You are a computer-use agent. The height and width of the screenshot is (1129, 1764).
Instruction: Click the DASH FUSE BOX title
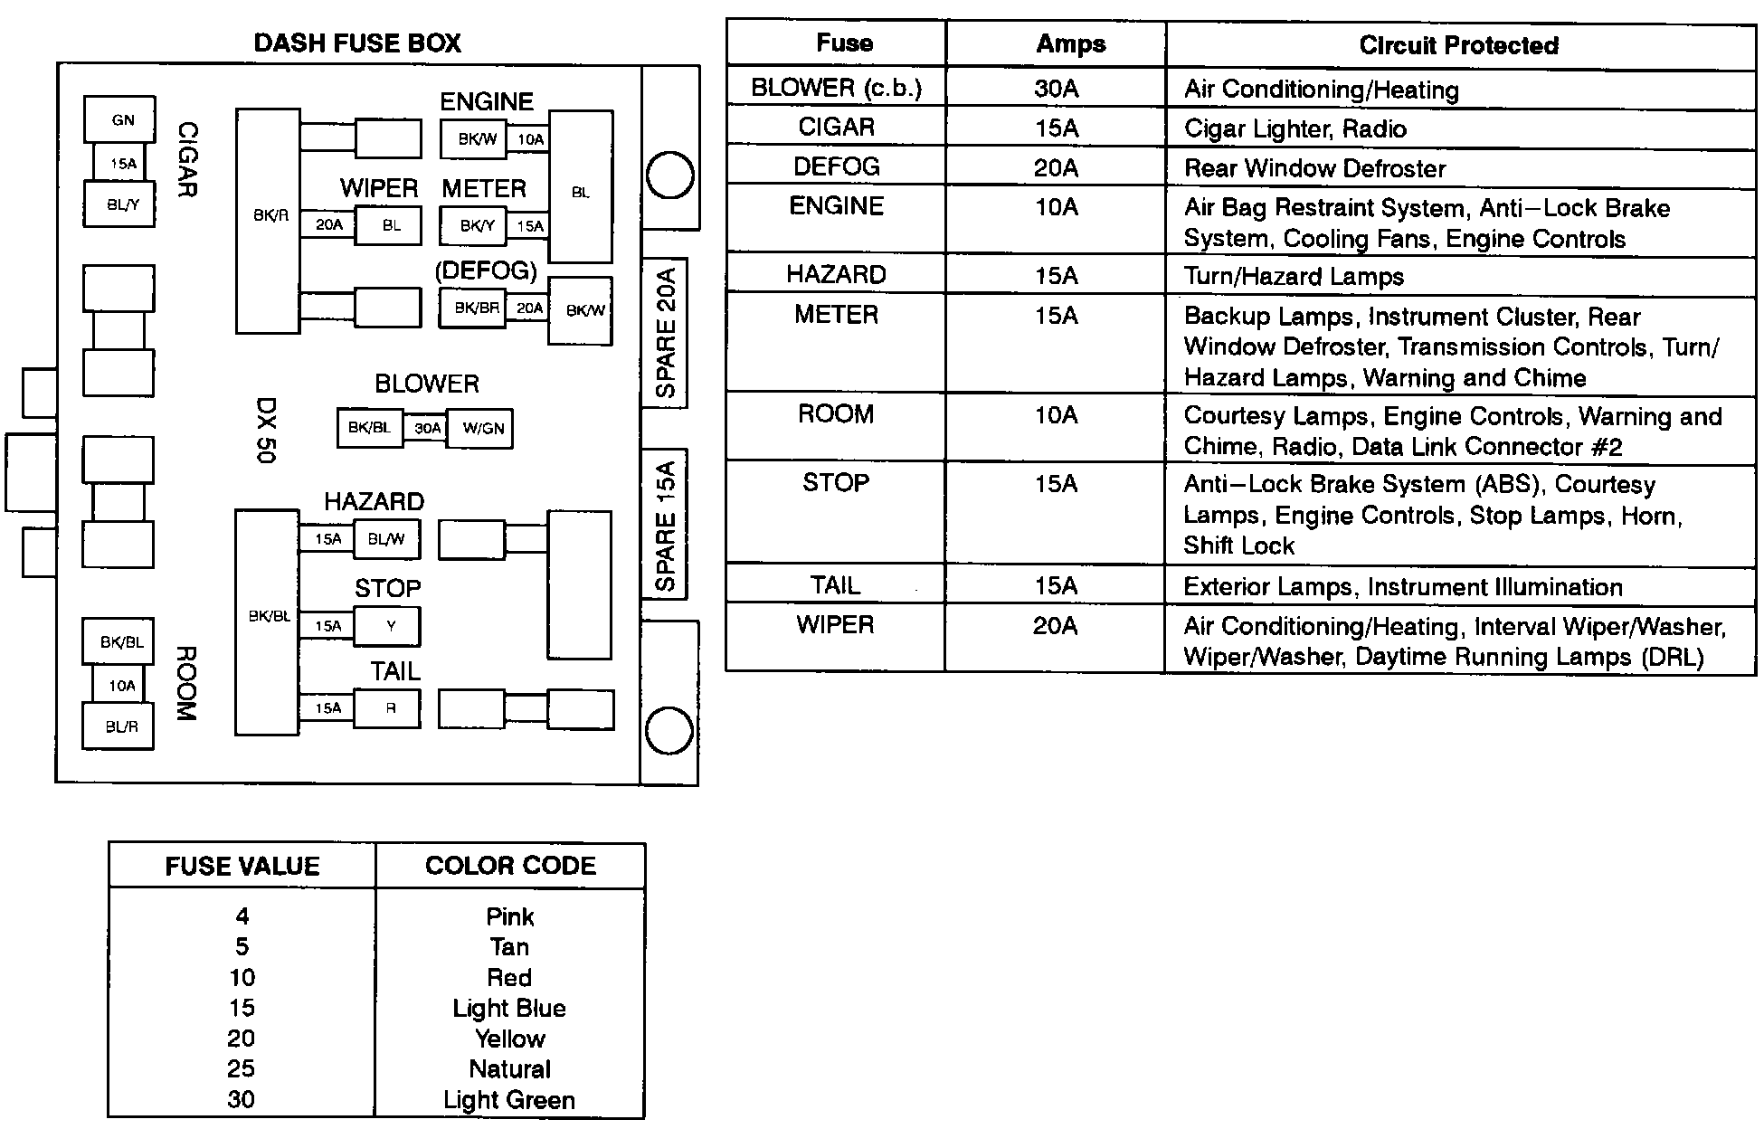click(357, 43)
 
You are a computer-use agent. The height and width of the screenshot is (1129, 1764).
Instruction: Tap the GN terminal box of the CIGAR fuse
click(119, 119)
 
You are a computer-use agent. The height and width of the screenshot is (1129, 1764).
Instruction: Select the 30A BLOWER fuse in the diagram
click(426, 428)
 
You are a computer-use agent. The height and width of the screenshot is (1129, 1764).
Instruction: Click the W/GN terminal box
click(482, 428)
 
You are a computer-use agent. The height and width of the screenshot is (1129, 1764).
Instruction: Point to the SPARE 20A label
click(666, 332)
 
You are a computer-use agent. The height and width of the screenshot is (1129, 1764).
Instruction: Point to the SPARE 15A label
click(666, 525)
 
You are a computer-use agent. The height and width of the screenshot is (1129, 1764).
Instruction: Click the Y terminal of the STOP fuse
click(388, 626)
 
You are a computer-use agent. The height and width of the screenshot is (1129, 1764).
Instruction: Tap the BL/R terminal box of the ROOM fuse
click(119, 726)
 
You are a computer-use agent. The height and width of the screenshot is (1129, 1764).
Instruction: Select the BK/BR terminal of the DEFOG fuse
click(476, 308)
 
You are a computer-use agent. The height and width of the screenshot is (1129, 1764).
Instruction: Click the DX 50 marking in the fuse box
click(265, 430)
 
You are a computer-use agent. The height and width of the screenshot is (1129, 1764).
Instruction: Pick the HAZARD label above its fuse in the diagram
click(374, 502)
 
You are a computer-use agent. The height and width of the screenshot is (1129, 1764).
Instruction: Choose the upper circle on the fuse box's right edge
click(670, 175)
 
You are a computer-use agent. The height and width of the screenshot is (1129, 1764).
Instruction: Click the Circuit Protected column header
click(1458, 45)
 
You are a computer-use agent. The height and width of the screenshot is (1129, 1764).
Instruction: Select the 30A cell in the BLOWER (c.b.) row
click(1056, 89)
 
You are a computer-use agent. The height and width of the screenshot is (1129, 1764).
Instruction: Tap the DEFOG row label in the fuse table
click(836, 166)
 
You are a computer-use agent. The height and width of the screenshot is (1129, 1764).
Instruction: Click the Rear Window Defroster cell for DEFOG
click(1314, 168)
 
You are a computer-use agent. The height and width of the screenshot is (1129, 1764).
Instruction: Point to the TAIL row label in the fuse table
click(835, 585)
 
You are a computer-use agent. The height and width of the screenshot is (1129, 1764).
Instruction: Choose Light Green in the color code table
click(509, 1100)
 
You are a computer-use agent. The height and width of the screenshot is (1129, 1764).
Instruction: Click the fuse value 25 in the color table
click(242, 1069)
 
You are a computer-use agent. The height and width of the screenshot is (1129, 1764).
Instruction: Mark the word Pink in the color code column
click(509, 916)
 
